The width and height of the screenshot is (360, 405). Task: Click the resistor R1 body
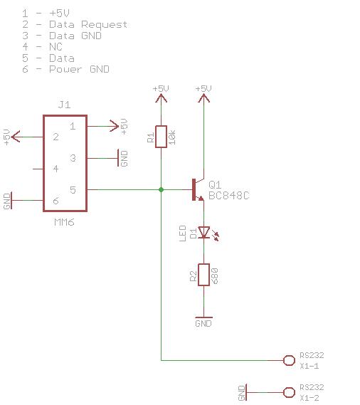pyautogui.click(x=161, y=137)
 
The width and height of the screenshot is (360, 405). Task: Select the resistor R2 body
pyautogui.click(x=203, y=275)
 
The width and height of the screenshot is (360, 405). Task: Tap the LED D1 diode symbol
pyautogui.click(x=203, y=232)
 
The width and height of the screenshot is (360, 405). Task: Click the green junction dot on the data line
pyautogui.click(x=161, y=189)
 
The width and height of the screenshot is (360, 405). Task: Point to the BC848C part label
pyautogui.click(x=229, y=196)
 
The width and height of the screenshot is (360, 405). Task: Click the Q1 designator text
pyautogui.click(x=215, y=184)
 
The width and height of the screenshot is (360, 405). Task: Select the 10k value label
pyautogui.click(x=172, y=137)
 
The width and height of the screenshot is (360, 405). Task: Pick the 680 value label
pyautogui.click(x=214, y=276)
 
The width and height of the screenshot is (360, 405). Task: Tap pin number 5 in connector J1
pyautogui.click(x=73, y=190)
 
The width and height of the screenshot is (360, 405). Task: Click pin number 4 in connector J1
pyautogui.click(x=55, y=169)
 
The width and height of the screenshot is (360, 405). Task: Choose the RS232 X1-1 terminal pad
pyautogui.click(x=289, y=360)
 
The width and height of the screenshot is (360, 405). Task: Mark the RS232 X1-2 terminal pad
pyautogui.click(x=289, y=392)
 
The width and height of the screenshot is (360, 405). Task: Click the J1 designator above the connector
pyautogui.click(x=64, y=105)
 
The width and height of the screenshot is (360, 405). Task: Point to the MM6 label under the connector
pyautogui.click(x=64, y=222)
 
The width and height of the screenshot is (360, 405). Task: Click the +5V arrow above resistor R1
pyautogui.click(x=161, y=98)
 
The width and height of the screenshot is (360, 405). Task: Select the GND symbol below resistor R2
pyautogui.click(x=203, y=317)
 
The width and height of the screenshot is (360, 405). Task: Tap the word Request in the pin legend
pyautogui.click(x=105, y=24)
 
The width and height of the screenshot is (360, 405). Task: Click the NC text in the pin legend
pyautogui.click(x=55, y=47)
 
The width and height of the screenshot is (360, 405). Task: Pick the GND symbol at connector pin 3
pyautogui.click(x=118, y=158)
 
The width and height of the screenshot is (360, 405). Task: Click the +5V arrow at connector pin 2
pyautogui.click(x=15, y=137)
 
